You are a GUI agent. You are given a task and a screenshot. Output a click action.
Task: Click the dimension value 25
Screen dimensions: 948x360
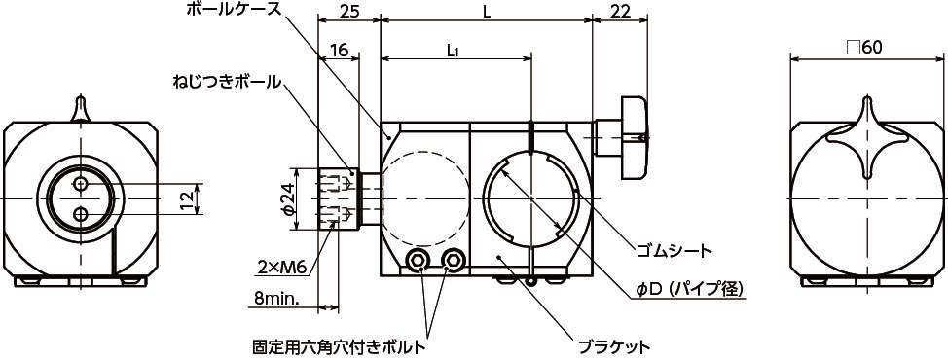click(x=348, y=11)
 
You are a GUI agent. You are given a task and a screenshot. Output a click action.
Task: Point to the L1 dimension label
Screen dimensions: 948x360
click(x=455, y=52)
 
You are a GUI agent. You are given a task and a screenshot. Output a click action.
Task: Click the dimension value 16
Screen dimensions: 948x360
click(x=339, y=51)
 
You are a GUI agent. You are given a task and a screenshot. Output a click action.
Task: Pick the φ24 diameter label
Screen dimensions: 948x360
click(x=288, y=198)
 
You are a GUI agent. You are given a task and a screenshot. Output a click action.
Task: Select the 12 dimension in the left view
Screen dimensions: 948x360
click(x=189, y=198)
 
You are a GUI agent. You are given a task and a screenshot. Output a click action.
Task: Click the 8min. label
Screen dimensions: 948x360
click(x=273, y=299)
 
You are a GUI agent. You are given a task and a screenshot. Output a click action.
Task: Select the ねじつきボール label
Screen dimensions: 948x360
click(x=226, y=82)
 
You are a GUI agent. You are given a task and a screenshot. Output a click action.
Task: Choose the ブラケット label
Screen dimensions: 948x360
click(x=614, y=347)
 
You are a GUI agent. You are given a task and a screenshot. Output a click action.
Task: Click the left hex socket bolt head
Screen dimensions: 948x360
click(x=417, y=261)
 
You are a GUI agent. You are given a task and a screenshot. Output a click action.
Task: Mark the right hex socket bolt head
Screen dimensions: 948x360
click(x=453, y=261)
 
